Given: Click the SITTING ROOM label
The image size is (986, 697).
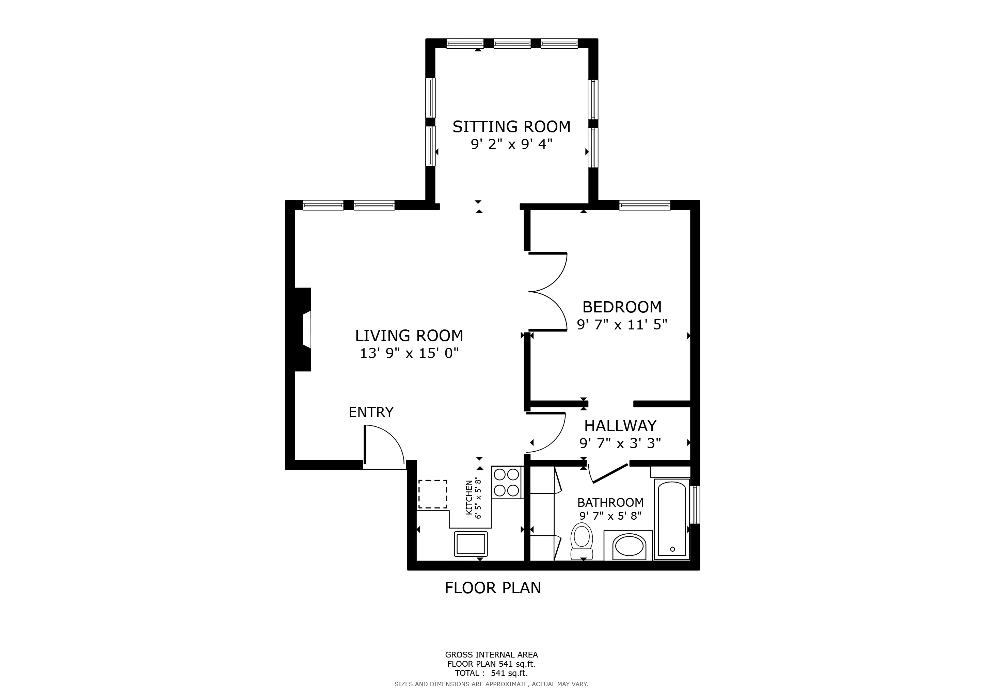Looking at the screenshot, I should tap(511, 127).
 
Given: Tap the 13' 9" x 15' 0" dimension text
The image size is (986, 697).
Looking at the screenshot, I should tap(409, 353).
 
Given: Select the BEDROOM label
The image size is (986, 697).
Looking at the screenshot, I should tap(621, 307).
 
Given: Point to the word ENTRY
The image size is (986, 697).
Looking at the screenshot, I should tap(371, 412).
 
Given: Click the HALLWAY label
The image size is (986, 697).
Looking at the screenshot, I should tap(620, 426).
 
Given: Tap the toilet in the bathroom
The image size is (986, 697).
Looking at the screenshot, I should tap(582, 541).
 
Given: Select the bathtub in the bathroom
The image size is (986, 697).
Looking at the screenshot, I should tap(672, 520).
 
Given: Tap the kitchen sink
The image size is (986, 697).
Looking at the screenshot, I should tap(471, 544).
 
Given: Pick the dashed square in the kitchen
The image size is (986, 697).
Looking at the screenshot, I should tap(432, 494).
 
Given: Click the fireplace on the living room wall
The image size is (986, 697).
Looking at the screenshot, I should tap(304, 329).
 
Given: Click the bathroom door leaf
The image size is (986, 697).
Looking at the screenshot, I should tap(610, 473).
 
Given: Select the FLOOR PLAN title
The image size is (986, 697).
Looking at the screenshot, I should tap(493, 587).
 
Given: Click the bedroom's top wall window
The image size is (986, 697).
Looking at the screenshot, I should tap(644, 206).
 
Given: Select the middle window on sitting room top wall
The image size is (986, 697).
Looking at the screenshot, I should tap(512, 43).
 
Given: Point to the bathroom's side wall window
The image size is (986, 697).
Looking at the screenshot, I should tap(695, 505).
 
